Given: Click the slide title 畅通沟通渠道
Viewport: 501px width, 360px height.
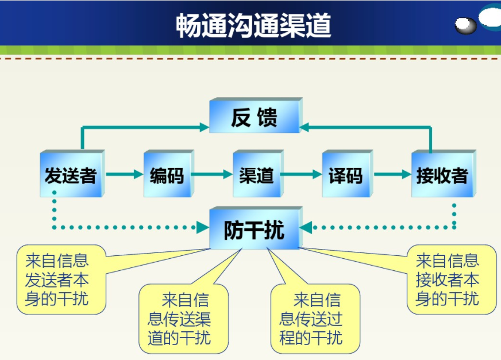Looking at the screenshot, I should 253,25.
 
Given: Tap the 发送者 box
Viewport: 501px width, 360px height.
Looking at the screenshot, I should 71,175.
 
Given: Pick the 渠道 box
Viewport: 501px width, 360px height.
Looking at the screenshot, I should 256,175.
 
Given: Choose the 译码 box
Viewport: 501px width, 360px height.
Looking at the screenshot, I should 345,175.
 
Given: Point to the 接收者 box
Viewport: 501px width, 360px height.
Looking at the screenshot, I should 442,175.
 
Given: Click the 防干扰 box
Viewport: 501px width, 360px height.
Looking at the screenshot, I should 254,229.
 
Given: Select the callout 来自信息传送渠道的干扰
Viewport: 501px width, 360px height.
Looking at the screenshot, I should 183,319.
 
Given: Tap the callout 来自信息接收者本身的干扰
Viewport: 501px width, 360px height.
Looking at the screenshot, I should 450,279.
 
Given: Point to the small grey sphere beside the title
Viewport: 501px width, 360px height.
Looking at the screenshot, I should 465,25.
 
